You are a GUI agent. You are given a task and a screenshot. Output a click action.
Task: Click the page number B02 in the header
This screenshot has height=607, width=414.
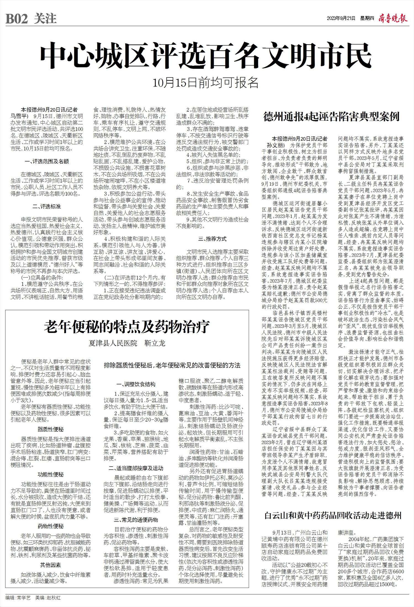click(17, 19)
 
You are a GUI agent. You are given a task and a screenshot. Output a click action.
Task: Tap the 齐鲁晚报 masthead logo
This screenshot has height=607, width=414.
click(392, 18)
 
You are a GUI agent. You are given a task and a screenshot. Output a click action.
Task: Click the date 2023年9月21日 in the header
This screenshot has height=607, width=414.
click(341, 18)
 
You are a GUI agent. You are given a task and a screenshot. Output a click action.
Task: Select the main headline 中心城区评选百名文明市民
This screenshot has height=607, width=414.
click(206, 56)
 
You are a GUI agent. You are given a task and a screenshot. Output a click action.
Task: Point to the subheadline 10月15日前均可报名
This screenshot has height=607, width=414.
click(206, 83)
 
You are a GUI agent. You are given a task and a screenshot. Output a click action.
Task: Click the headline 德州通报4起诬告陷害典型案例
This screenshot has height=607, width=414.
click(331, 117)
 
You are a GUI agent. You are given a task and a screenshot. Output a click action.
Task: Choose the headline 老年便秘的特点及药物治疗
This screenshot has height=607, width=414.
click(127, 327)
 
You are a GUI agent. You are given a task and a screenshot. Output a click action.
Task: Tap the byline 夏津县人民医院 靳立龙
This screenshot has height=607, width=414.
click(127, 343)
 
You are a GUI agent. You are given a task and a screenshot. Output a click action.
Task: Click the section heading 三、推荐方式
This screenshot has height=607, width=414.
click(212, 239)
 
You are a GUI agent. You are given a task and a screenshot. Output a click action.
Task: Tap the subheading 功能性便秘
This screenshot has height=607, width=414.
click(51, 474)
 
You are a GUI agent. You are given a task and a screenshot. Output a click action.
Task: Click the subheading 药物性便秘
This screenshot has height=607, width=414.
click(51, 526)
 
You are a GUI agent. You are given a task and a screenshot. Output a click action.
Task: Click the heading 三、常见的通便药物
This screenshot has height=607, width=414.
click(136, 520)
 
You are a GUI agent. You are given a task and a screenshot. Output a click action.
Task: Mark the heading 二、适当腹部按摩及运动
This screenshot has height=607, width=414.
click(136, 468)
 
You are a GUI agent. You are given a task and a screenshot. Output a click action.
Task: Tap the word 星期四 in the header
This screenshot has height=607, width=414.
click(367, 18)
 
